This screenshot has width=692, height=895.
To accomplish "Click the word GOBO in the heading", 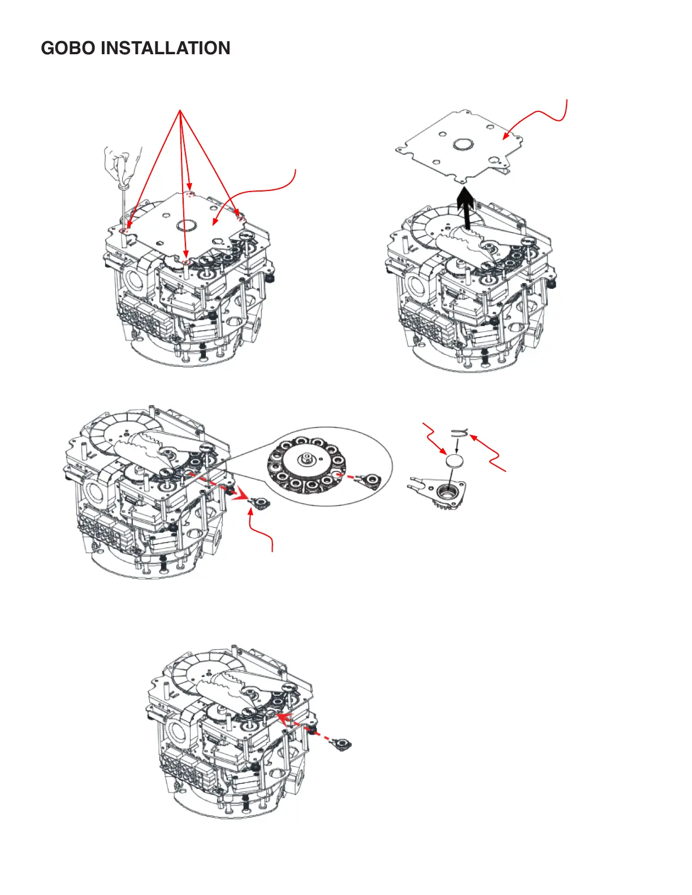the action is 68,48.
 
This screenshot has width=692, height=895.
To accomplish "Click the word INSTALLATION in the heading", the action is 165,48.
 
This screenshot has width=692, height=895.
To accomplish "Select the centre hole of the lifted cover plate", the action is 463,144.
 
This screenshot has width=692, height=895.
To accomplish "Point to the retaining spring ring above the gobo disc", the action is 459,432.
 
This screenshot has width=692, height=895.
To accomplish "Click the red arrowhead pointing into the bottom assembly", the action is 284,718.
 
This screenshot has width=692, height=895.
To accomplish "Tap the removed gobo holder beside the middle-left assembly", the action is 258,503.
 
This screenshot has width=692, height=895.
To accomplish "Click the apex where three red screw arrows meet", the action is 180,110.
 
